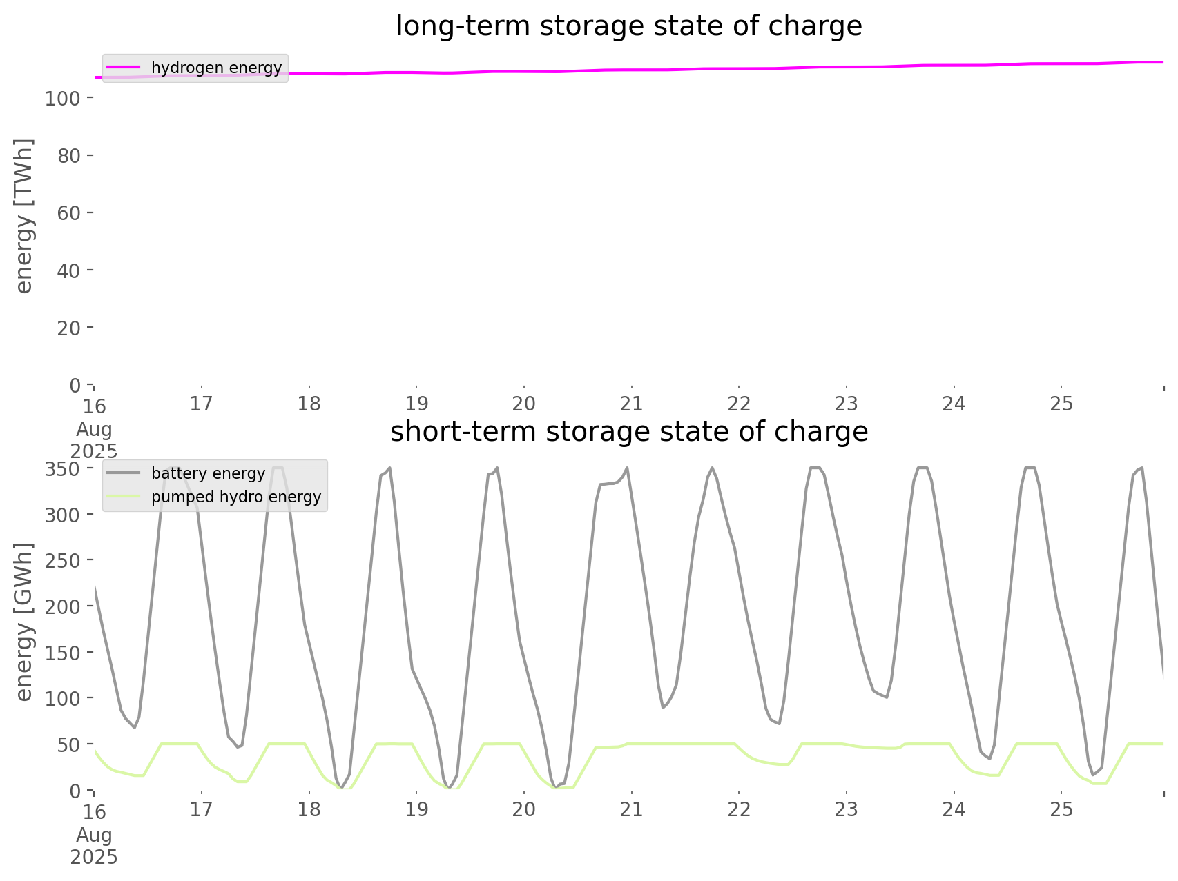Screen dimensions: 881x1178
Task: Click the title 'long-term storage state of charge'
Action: coord(628,26)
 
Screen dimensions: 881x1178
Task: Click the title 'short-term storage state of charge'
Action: coord(628,432)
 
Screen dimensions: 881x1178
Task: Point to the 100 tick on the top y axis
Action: coord(63,99)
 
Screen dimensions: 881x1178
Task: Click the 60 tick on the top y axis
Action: coord(68,213)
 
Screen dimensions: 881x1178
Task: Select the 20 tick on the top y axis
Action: coord(68,328)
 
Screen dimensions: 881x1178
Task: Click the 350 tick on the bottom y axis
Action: coord(63,469)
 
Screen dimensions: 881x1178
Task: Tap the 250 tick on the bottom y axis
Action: coord(63,561)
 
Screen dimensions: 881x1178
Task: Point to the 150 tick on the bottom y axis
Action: coord(63,653)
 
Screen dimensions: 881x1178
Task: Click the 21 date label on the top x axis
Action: coord(631,404)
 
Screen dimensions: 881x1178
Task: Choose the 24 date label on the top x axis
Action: coord(954,404)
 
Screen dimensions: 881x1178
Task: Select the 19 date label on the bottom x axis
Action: coord(416,809)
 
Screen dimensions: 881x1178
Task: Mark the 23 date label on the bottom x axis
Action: coord(846,809)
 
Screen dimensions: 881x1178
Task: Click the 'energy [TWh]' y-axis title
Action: coord(24,216)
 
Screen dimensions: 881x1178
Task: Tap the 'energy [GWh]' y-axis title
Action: coord(24,622)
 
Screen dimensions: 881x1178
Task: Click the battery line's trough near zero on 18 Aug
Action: coord(342,787)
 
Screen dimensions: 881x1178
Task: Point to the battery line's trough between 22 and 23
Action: coord(779,724)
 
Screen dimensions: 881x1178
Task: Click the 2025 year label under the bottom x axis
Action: coord(94,857)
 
